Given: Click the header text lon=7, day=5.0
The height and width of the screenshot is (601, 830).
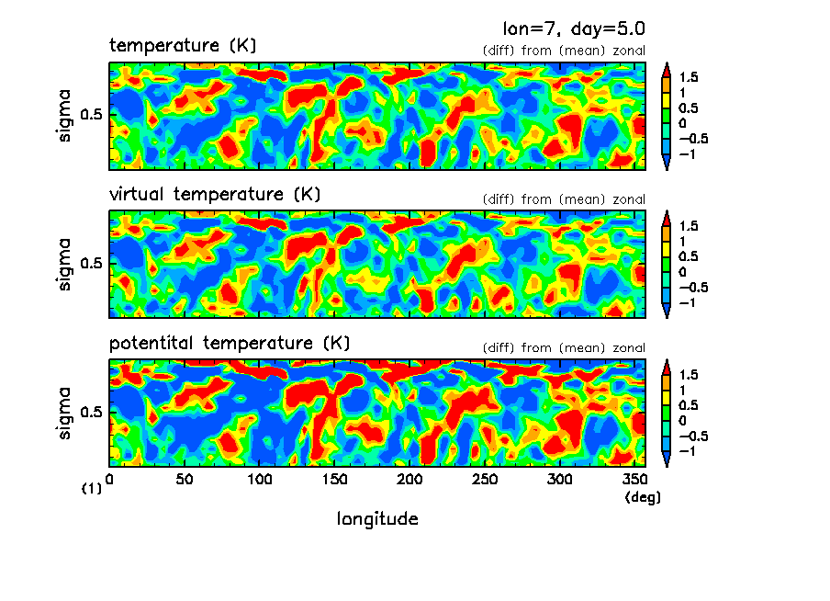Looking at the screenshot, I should tap(566, 28).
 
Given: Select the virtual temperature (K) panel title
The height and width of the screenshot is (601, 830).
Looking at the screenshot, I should tap(215, 194).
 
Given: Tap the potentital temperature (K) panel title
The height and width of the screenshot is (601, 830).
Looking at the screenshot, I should tap(230, 343).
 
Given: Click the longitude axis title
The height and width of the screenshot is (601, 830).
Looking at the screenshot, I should tap(377, 519).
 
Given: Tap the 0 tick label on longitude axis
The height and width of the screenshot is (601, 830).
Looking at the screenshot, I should tap(110, 479).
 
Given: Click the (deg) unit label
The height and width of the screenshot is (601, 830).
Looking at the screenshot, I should tap(642, 497).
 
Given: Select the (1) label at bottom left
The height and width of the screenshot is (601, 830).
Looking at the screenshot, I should tap(92, 489).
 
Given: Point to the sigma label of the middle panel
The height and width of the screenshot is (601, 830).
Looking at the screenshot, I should tap(65, 266).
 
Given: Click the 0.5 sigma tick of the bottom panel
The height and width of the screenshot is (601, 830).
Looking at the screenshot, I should tap(94, 412).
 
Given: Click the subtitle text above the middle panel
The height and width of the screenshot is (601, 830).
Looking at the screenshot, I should tap(564, 199).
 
